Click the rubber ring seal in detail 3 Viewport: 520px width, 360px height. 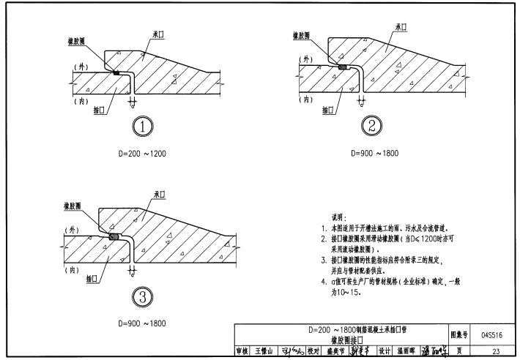point(114,237)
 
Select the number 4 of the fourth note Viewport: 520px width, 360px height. point(323,281)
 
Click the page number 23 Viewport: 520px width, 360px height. point(497,352)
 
